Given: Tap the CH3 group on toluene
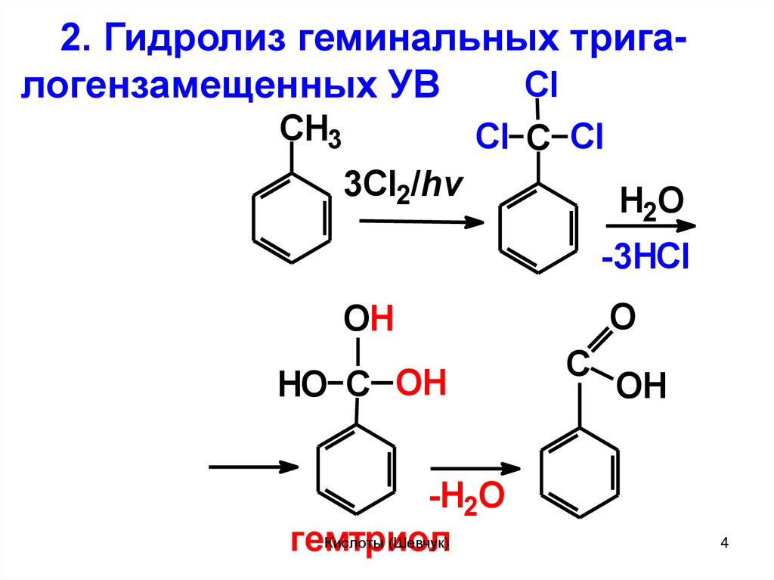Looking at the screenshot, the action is click(x=310, y=132).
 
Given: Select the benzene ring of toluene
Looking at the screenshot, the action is click(x=291, y=219).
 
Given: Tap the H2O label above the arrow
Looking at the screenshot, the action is click(x=651, y=203).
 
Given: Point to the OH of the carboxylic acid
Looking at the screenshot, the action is click(x=641, y=387).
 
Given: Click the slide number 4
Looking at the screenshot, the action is click(x=725, y=543).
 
